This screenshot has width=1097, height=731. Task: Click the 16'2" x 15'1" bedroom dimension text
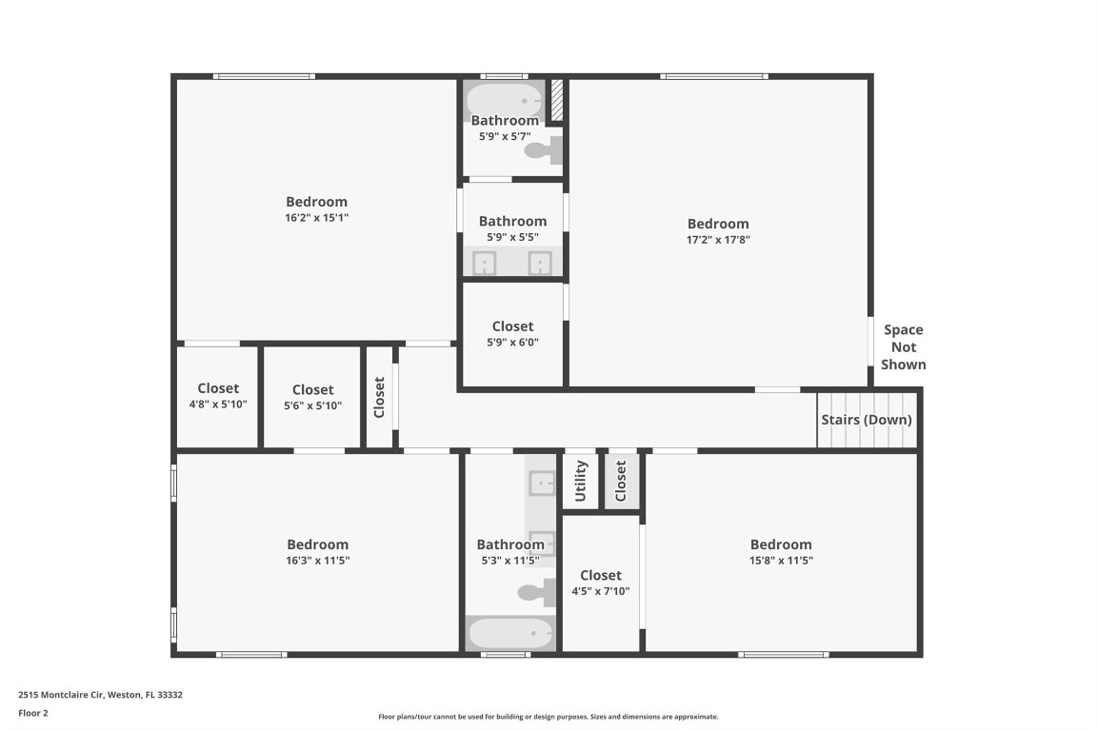[x=316, y=218]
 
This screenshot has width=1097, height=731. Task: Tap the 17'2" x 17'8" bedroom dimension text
[x=718, y=240]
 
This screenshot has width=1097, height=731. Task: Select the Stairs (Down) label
[x=866, y=420]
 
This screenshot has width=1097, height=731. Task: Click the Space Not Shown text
[x=903, y=347]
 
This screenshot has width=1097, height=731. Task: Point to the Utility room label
[x=580, y=481]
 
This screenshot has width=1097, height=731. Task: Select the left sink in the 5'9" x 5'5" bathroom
[x=485, y=263]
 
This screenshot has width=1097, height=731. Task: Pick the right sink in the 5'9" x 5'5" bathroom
[x=540, y=263]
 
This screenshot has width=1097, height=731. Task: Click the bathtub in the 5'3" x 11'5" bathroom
[x=510, y=633]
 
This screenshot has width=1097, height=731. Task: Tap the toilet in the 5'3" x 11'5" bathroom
[x=536, y=592]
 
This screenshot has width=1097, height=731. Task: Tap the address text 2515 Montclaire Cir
[x=100, y=695]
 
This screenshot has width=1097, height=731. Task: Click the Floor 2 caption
[x=32, y=713]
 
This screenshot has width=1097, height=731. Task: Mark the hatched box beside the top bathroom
[x=557, y=100]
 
